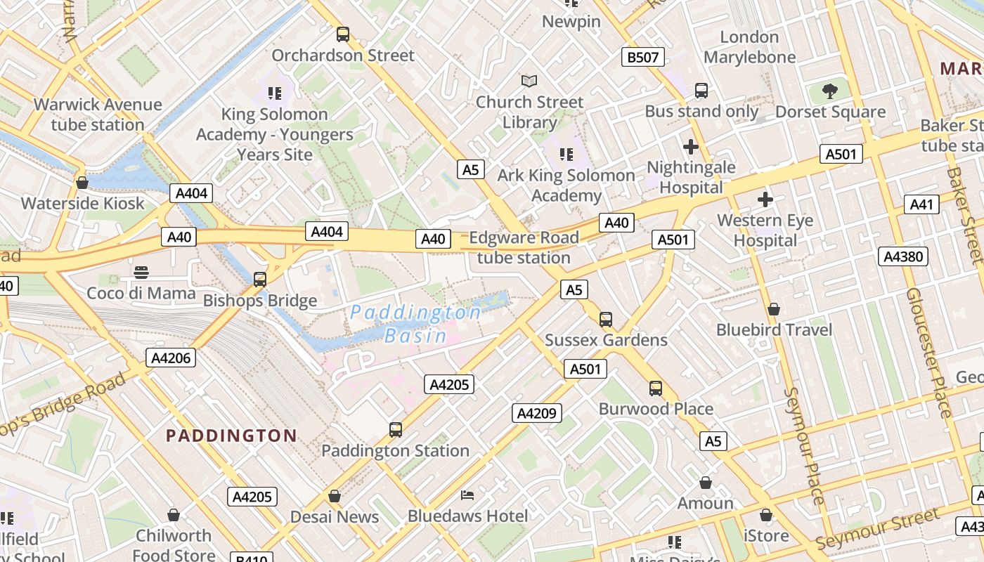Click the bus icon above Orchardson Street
[x=343, y=34]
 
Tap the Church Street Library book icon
[x=529, y=81]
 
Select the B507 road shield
[x=643, y=57]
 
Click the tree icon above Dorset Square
[x=830, y=91]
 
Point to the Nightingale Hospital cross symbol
[x=691, y=147]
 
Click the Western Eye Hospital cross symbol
[x=765, y=200]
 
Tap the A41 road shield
[x=921, y=204]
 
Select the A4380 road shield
[x=902, y=256]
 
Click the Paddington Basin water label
[x=416, y=323]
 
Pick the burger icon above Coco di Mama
[x=141, y=272]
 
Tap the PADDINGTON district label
[x=231, y=436]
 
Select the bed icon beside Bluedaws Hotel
[x=467, y=495]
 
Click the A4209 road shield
[x=536, y=413]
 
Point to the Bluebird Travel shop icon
[x=774, y=309]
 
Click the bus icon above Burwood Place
[x=656, y=388]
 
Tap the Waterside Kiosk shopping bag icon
[x=82, y=183]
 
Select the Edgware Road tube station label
[x=524, y=247]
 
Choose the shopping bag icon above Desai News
[x=335, y=496]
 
